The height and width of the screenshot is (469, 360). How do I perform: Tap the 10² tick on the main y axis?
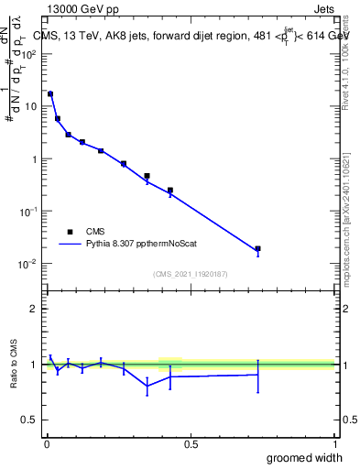pos(29,54)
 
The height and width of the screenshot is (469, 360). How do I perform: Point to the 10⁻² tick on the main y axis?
pos(28,264)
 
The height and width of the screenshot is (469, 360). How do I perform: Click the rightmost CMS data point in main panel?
pos(258,248)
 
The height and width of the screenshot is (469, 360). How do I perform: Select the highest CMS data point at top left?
pos(50,93)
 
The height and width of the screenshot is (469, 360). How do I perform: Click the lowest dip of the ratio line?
pos(147,386)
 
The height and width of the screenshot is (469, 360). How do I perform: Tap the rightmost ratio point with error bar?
pos(258,375)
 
